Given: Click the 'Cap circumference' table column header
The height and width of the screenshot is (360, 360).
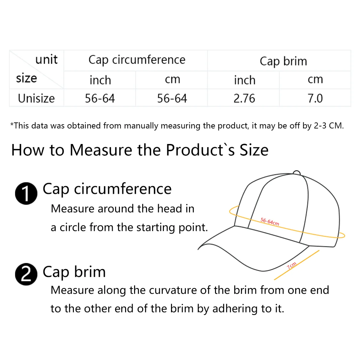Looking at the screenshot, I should point(137,60).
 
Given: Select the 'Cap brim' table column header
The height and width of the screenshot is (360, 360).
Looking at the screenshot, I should point(283,61).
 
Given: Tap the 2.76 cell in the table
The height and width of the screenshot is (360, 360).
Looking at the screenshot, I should point(244,98).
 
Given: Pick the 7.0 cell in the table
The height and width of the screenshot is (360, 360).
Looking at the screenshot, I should point(315,98).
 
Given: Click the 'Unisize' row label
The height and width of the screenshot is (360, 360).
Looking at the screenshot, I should point(36,98).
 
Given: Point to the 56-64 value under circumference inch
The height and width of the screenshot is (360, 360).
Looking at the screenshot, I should point(100,98).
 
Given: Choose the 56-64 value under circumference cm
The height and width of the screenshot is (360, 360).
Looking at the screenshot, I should point(172,98).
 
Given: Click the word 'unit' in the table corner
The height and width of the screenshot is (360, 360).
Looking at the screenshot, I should point(46,59).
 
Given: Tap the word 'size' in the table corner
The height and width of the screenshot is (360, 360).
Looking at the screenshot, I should point(26,78).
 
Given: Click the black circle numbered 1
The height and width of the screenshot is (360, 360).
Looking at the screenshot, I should point(26,193).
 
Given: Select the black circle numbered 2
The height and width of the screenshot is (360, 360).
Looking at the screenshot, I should point(26,274).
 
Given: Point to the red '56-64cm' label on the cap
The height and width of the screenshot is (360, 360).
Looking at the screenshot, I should point(270,222).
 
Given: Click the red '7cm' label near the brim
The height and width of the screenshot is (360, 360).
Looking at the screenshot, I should point(292,265).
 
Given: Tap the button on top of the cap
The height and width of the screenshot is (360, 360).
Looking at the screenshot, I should point(296,172).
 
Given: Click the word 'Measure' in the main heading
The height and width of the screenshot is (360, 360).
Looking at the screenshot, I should point(100,150).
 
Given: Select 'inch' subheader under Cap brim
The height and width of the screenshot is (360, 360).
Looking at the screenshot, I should point(244,80).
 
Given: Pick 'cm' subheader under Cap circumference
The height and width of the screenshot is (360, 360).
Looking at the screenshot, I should point(172,80).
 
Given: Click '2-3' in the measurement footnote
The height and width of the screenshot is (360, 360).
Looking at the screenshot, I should point(320,126).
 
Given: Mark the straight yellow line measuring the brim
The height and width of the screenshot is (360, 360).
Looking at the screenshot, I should point(297,265).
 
